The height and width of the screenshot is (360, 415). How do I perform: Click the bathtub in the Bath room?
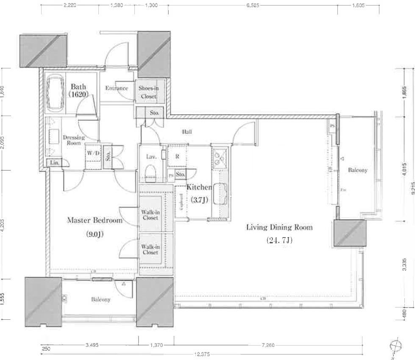(54, 94)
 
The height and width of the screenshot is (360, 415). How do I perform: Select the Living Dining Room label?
(279, 227)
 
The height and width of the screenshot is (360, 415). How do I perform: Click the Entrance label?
(117, 88)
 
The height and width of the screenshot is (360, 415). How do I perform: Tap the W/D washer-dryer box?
(93, 153)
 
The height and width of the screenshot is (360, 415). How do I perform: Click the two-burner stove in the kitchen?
(220, 158)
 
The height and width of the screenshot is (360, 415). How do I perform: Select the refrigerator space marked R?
(177, 156)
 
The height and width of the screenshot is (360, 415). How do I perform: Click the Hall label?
(187, 132)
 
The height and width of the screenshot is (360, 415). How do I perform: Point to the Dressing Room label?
(74, 140)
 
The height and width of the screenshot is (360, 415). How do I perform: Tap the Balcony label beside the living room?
(357, 170)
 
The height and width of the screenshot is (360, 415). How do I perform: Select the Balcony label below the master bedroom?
(101, 299)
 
